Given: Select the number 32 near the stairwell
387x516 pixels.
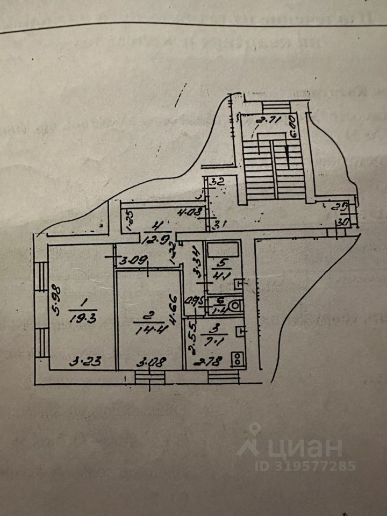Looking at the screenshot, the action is tap(217, 182).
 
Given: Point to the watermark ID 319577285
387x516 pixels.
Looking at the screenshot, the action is tap(305, 466).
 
